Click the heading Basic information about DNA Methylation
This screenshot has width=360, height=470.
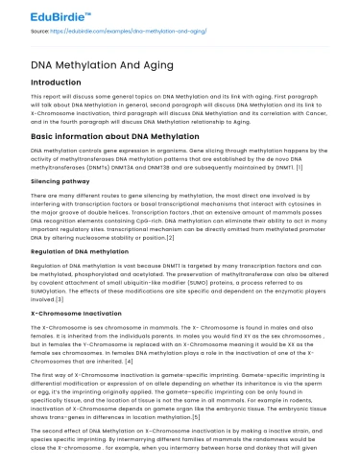pyautogui.click(x=115, y=136)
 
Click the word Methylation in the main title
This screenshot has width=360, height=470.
pyautogui.click(x=91, y=64)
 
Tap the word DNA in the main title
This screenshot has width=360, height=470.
pyautogui.click(x=44, y=64)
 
